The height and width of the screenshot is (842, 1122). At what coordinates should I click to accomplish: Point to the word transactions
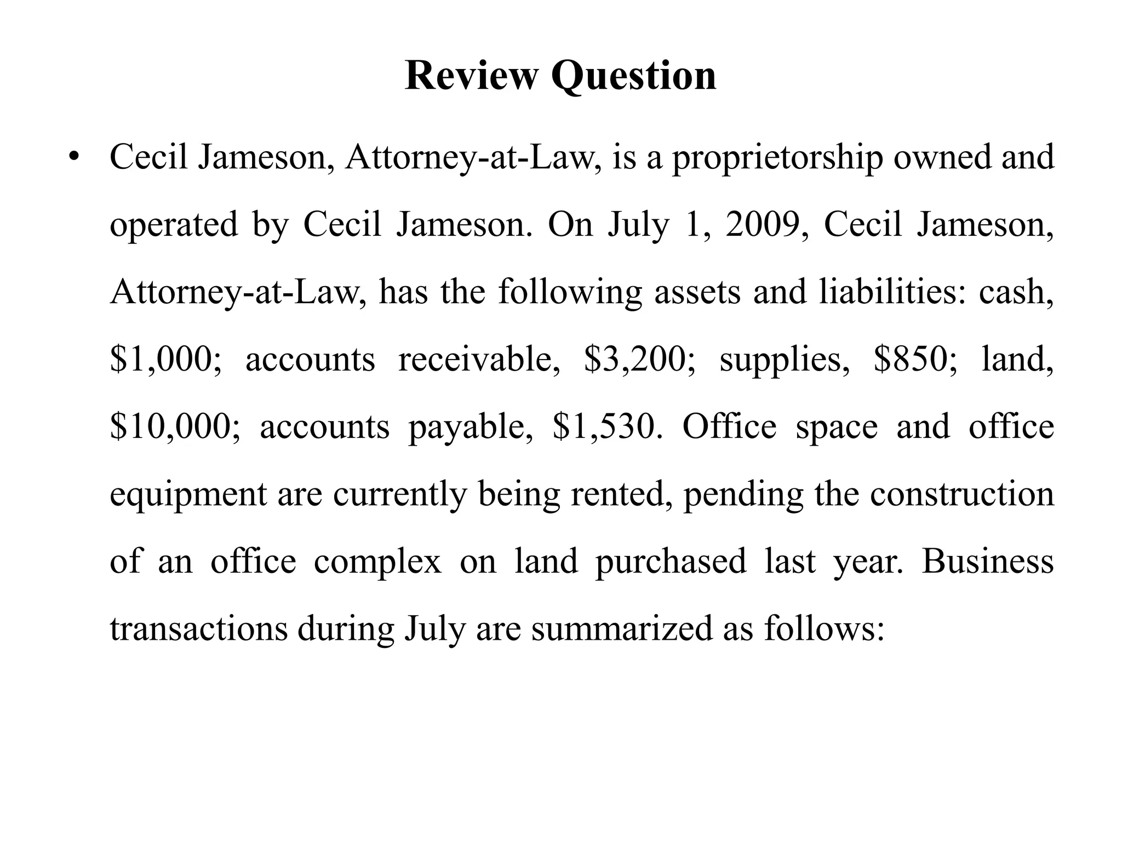click(x=198, y=629)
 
